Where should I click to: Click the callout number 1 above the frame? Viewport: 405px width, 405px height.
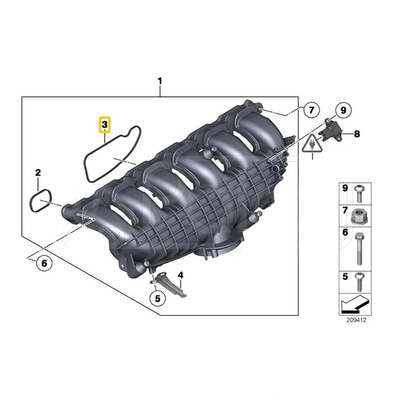[160, 81]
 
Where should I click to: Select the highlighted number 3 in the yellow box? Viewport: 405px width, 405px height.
[105, 125]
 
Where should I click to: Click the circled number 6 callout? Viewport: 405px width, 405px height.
[44, 263]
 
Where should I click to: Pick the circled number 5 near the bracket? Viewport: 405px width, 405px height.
[158, 298]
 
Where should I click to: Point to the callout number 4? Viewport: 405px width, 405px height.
[181, 275]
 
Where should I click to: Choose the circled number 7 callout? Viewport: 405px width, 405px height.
[311, 110]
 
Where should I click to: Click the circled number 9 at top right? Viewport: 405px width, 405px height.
[343, 110]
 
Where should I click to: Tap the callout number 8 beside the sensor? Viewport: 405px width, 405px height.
[357, 134]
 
